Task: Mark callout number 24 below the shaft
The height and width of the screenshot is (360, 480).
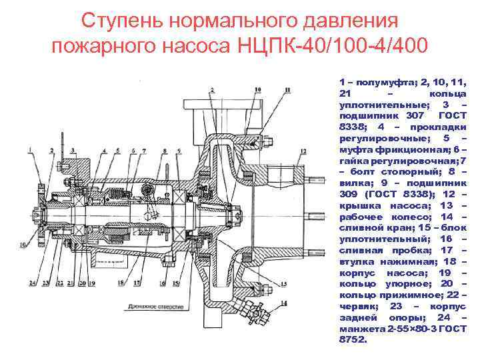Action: point(31,283)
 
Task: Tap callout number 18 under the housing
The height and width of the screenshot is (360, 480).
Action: point(121,283)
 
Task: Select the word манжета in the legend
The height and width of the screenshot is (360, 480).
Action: point(361,327)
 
